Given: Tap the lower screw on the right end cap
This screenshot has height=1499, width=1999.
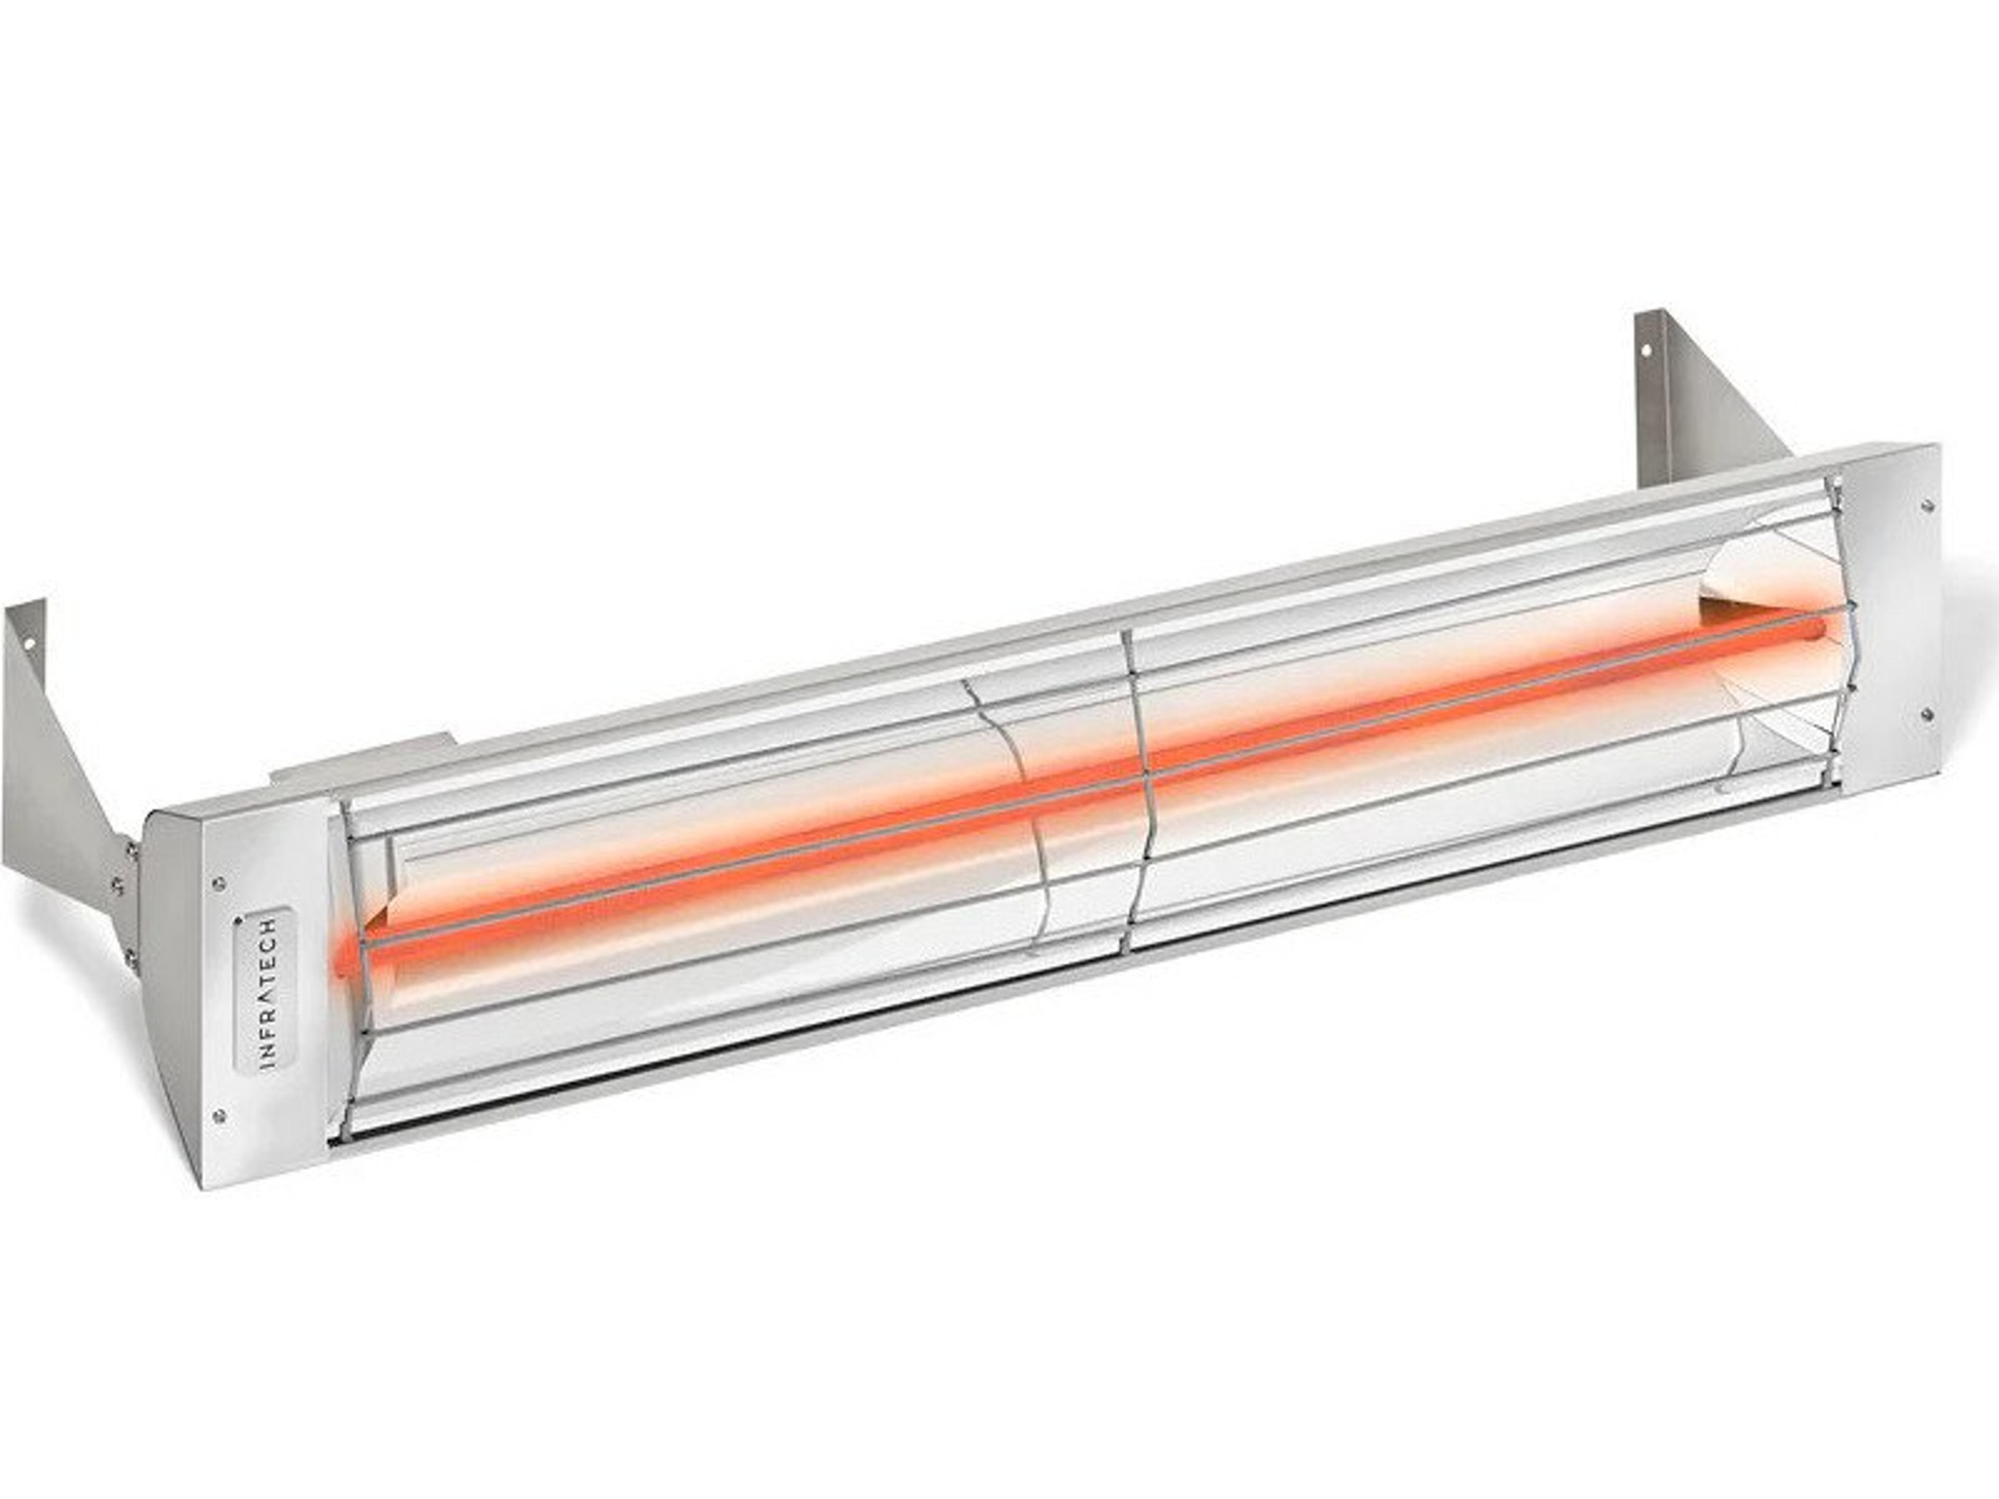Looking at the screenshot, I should (1926, 714).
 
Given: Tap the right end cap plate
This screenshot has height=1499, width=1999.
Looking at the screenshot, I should (1889, 614).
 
